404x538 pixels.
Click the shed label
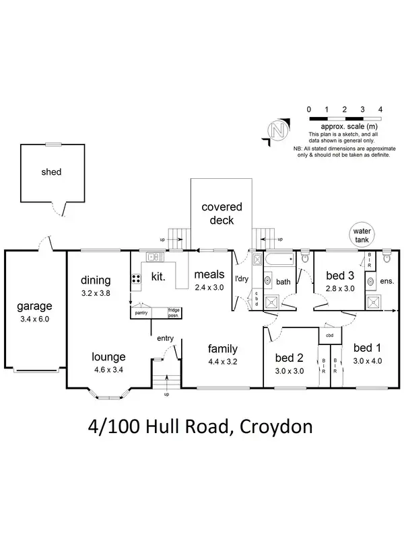pyautogui.click(x=51, y=172)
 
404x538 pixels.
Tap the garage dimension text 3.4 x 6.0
pyautogui.click(x=34, y=319)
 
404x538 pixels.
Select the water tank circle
pyautogui.click(x=362, y=235)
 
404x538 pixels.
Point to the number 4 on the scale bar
pyautogui.click(x=380, y=109)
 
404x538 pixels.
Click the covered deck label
pyautogui.click(x=222, y=213)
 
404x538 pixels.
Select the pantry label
pyautogui.click(x=141, y=313)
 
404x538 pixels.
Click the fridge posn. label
pyautogui.click(x=178, y=312)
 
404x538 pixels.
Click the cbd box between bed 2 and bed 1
pyautogui.click(x=329, y=334)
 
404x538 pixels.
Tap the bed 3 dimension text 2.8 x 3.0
pyautogui.click(x=340, y=288)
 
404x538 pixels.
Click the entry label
pyautogui.click(x=166, y=338)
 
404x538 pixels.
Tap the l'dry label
pyautogui.click(x=242, y=278)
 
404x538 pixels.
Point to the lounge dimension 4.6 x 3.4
pyautogui.click(x=108, y=369)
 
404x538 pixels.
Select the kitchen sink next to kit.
pyautogui.click(x=153, y=256)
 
